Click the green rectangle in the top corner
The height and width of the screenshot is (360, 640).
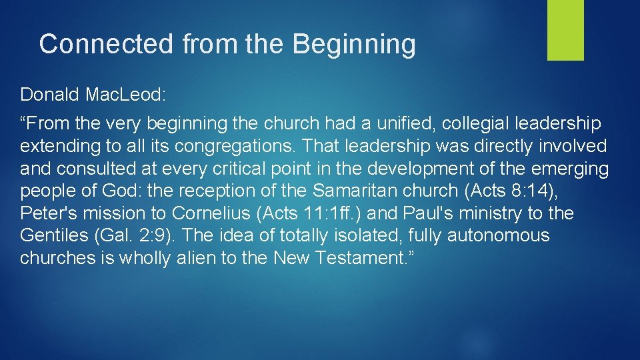point(565,30)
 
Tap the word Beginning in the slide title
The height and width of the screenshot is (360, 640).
point(354,45)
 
